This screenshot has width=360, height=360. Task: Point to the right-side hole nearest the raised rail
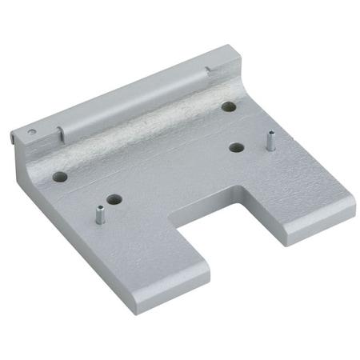pyautogui.click(x=229, y=106)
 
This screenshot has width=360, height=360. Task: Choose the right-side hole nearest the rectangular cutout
pyautogui.click(x=236, y=146)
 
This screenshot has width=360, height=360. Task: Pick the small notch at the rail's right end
pyautogui.click(x=210, y=73)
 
